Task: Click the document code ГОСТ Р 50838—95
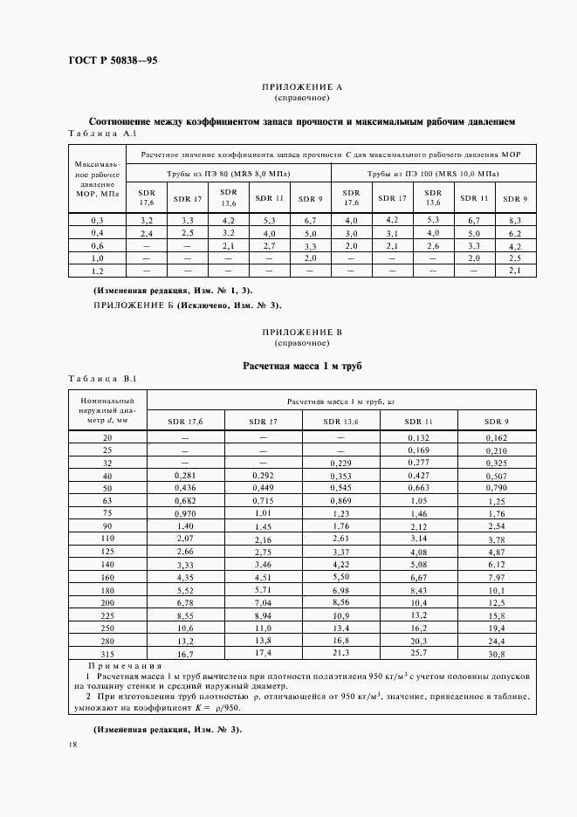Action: (x=112, y=60)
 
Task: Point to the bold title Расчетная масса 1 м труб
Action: (x=302, y=365)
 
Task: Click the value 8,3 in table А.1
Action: (x=514, y=220)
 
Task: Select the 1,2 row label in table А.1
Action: (x=98, y=271)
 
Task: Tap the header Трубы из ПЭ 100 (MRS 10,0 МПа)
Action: (x=432, y=174)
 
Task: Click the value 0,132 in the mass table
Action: (x=418, y=436)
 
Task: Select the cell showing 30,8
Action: (x=496, y=653)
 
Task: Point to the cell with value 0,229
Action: (x=340, y=463)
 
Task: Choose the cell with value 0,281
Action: (x=185, y=476)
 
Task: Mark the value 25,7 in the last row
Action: (x=418, y=652)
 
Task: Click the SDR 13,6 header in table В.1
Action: (x=340, y=421)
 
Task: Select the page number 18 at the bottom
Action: (x=72, y=745)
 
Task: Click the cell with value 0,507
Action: (x=496, y=476)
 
